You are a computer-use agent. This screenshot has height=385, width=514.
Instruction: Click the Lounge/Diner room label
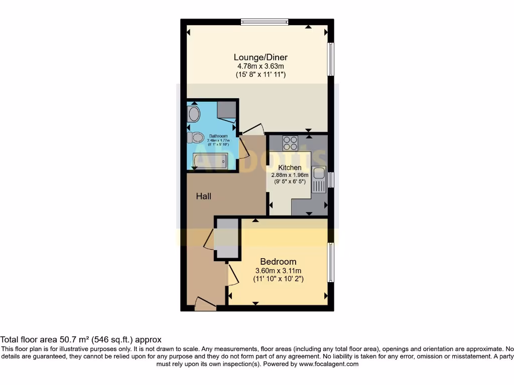261,57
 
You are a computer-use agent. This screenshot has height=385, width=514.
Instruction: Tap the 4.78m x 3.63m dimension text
261,66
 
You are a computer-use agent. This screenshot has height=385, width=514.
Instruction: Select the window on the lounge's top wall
264,22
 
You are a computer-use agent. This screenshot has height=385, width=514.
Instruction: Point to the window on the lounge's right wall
331,59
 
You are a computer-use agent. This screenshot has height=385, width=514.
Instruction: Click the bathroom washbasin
194,114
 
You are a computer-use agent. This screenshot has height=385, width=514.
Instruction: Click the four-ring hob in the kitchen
290,143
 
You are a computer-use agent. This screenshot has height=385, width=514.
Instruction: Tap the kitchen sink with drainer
318,179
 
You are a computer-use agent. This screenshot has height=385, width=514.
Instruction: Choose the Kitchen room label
290,167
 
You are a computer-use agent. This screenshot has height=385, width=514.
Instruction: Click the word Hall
203,196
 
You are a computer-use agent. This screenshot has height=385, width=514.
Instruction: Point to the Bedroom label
278,262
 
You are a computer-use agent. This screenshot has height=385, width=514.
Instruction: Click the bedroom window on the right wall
331,263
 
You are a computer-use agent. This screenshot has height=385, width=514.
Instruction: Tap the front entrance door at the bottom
205,304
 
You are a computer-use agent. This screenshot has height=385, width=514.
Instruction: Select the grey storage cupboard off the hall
227,238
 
